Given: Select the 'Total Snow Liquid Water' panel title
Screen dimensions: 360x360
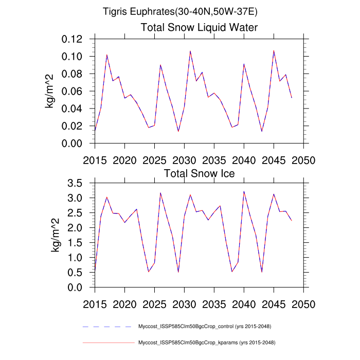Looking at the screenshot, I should coord(199,27).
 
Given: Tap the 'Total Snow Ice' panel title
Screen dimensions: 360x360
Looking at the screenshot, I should coord(199,173).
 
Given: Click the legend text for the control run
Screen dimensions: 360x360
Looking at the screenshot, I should coord(205,327).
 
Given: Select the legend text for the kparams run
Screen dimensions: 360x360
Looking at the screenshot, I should coord(205,342).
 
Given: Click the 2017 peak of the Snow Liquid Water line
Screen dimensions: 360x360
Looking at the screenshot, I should coord(106,55).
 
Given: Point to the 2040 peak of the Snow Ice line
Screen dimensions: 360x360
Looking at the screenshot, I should coord(244,191).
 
